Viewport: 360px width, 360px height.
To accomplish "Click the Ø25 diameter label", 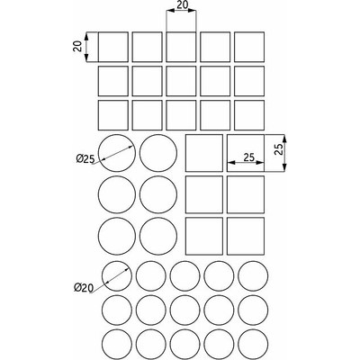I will [85, 159].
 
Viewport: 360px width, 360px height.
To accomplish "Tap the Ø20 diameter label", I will [84, 288].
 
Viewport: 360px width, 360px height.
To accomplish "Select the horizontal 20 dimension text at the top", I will [182, 6].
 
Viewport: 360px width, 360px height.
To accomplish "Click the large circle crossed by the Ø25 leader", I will [115, 152].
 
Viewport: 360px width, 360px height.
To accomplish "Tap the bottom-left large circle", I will [115, 236].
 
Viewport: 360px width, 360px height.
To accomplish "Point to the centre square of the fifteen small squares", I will [182, 81].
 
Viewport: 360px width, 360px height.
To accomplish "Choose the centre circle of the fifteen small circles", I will [186, 310].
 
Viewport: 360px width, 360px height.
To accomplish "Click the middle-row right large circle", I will [157, 194].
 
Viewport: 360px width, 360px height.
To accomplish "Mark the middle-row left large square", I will [203, 193].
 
